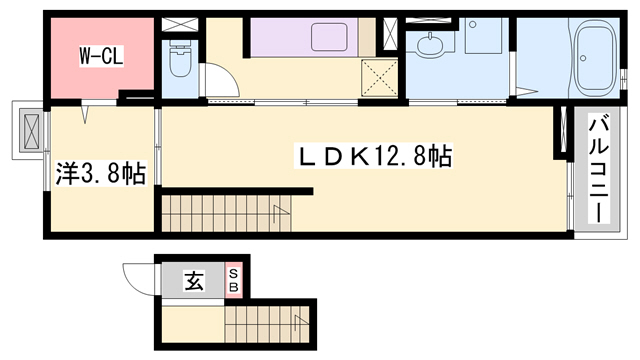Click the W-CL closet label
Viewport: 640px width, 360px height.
point(101,57)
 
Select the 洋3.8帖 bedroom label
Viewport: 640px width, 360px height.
point(100,173)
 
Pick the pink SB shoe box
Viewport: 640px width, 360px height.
point(234,281)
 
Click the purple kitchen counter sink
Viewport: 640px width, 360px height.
point(329,38)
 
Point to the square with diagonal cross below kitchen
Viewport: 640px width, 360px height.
point(378,78)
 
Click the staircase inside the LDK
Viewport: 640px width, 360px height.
point(225,212)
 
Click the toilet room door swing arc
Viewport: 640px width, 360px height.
point(219,80)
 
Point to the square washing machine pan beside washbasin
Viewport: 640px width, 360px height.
point(481,44)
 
